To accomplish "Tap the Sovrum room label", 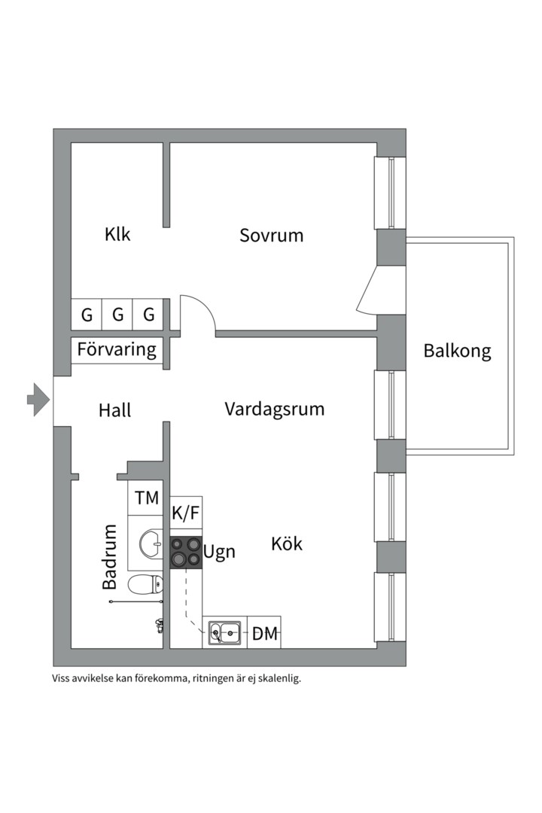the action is click(271, 236).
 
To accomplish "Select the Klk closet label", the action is click(117, 234).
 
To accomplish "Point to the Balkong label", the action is click(457, 351).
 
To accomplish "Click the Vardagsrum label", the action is click(274, 409).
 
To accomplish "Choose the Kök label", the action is click(287, 544).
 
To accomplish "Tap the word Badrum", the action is click(109, 557).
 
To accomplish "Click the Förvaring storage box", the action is click(117, 350).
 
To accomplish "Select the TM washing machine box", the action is click(146, 498).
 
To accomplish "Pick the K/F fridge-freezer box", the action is click(186, 513).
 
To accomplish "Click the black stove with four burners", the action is click(186, 553).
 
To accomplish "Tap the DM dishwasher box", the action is click(264, 632).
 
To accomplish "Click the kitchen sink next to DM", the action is click(224, 633).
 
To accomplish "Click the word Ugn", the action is click(219, 553).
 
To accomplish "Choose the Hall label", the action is click(114, 410).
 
